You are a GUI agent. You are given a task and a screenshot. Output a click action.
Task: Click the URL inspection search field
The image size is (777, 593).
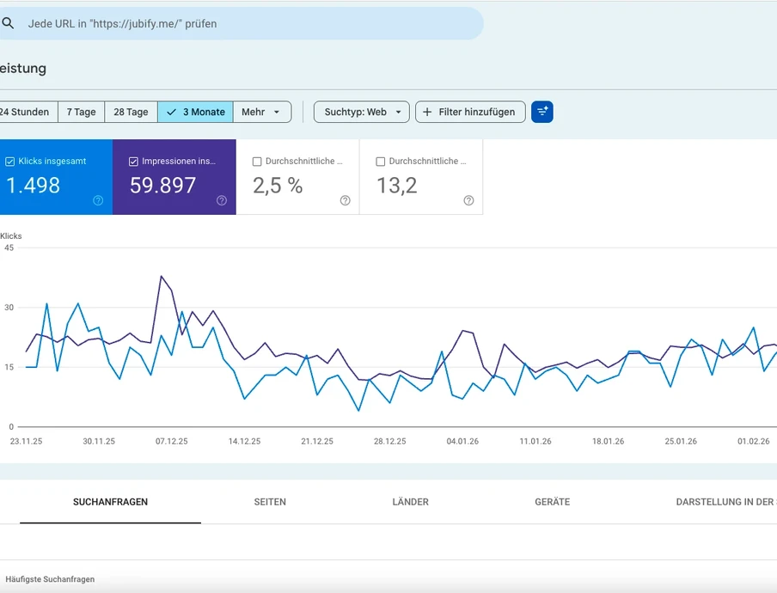(x=241, y=24)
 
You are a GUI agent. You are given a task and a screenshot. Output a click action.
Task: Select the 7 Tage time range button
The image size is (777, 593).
(x=82, y=112)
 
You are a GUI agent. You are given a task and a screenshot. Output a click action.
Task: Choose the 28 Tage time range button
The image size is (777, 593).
(x=131, y=112)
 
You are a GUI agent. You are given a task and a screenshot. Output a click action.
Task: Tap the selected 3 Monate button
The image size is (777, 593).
(x=196, y=112)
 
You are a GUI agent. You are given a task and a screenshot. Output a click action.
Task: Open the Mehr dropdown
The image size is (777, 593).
(x=261, y=112)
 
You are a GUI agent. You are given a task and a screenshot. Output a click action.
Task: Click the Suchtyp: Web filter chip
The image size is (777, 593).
(x=361, y=112)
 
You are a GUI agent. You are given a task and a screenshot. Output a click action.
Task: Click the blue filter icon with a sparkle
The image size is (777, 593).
(x=542, y=112)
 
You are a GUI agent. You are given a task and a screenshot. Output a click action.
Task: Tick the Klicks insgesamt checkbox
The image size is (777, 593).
(x=10, y=162)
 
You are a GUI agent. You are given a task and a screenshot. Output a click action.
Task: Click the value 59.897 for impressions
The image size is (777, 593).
(x=163, y=185)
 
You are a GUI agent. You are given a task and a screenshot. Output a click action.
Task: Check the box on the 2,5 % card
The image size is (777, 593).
(x=257, y=162)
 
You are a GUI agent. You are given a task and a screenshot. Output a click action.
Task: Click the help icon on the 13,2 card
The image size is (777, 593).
(x=468, y=200)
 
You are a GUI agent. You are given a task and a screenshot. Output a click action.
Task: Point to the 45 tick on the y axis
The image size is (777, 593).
(x=9, y=248)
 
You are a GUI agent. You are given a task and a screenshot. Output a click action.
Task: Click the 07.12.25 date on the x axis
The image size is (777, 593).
(x=172, y=441)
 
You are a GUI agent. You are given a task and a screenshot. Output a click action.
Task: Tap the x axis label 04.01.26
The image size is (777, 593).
(x=462, y=441)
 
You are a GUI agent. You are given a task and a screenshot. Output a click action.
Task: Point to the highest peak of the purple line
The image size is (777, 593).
(x=161, y=277)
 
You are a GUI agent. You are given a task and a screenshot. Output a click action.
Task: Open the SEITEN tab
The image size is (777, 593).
(x=270, y=502)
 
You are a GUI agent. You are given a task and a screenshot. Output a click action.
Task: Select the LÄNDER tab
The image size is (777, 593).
(x=410, y=502)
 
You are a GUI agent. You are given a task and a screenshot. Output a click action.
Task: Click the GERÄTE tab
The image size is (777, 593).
(x=552, y=502)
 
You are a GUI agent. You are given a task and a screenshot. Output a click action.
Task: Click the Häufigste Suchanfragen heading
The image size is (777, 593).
(x=50, y=579)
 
